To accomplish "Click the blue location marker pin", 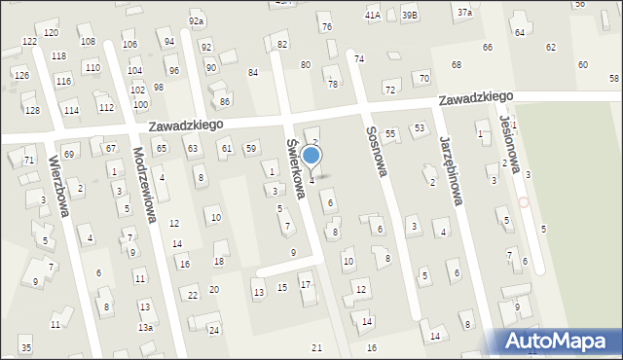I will (x=311, y=156).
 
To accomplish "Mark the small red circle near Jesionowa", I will (x=524, y=202).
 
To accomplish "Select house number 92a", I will (x=197, y=21).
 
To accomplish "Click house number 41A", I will (x=372, y=16).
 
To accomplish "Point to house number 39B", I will (x=410, y=16).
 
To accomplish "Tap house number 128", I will (x=33, y=111).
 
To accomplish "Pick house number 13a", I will (x=145, y=328).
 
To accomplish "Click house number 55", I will (x=390, y=132).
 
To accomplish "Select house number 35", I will (x=25, y=348).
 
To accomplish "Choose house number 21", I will (x=316, y=348).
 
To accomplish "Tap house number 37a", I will (x=465, y=12).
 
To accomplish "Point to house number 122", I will (x=29, y=41).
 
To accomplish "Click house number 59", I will (x=251, y=148).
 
